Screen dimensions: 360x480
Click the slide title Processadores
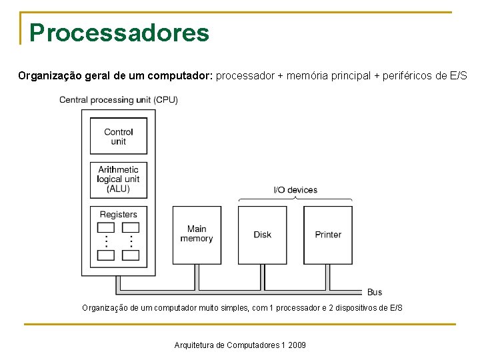coord(119,32)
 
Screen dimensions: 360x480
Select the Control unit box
coord(119,136)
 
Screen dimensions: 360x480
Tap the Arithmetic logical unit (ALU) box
coord(119,179)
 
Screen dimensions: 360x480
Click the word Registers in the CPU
coord(119,215)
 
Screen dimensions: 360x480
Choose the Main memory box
coord(197,234)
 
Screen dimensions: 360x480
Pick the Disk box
coord(263,235)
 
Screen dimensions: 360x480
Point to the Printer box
coord(328,235)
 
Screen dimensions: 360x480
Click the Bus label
coord(375,292)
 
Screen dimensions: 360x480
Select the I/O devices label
coord(295,190)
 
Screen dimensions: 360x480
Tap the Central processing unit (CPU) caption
coord(119,100)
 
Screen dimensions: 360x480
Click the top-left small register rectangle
coord(106,227)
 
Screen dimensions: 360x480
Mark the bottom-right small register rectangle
coord(131,255)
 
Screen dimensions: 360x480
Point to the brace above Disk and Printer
coord(295,199)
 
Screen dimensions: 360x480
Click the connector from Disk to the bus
coord(263,275)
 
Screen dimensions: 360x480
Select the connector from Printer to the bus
coord(328,275)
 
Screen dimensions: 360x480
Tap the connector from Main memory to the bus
coord(197,275)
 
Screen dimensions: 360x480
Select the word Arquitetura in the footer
coord(193,345)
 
